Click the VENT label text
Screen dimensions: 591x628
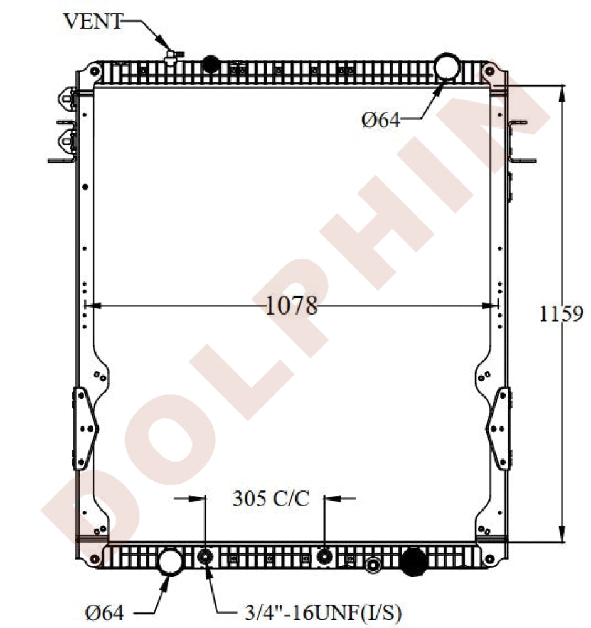pyautogui.click(x=93, y=21)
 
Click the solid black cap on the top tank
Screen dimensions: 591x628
pyautogui.click(x=211, y=64)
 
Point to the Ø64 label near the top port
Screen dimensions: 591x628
pyautogui.click(x=381, y=120)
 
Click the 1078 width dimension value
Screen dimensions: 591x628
pyautogui.click(x=291, y=306)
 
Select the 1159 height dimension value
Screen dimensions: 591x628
pyautogui.click(x=561, y=313)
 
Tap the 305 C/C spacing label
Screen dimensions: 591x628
pyautogui.click(x=271, y=499)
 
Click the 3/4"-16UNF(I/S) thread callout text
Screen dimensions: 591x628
pyautogui.click(x=323, y=613)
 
